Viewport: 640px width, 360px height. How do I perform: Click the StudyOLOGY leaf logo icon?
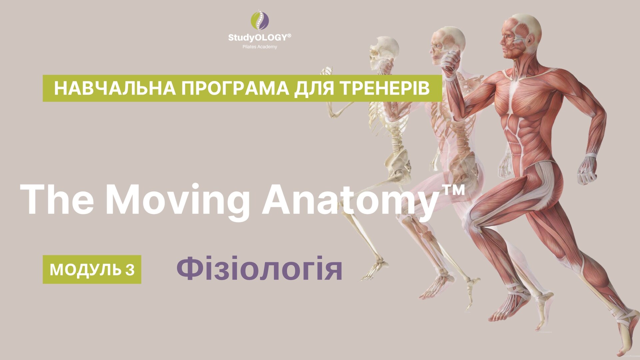pos(260,20)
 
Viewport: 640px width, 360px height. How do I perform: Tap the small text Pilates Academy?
pos(260,47)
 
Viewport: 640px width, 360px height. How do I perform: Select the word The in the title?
pos(57,199)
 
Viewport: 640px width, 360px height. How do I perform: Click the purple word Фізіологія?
pos(259,269)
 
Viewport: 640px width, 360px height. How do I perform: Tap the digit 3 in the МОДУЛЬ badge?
pos(130,270)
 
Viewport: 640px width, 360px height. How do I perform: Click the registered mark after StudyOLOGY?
pos(289,35)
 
